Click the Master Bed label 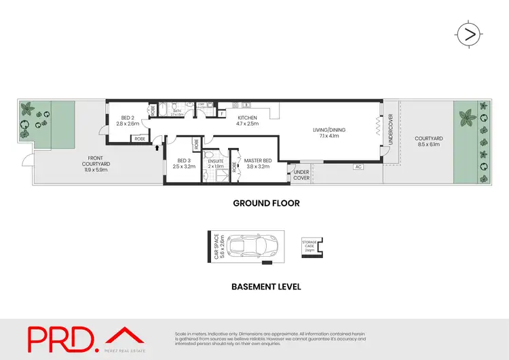point(259,164)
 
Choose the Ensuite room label point(216,164)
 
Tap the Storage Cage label point(309,247)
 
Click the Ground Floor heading point(266,203)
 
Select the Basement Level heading point(266,286)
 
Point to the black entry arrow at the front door point(157,145)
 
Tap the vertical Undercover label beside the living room point(391,129)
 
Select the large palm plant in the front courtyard point(29,109)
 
